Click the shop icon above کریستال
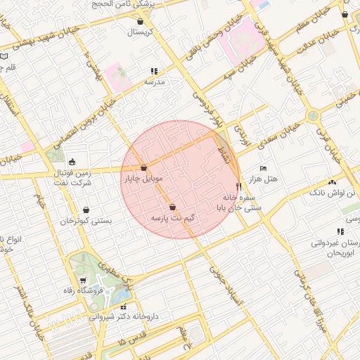(141, 21)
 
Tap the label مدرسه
(154, 82)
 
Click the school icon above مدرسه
(154, 71)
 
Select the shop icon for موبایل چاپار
(144, 168)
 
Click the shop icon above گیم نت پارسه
(173, 207)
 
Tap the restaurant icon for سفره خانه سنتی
(239, 187)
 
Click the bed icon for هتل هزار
(263, 169)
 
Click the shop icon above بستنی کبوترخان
(86, 210)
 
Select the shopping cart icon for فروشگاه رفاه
(83, 280)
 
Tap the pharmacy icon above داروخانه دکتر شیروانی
(124, 307)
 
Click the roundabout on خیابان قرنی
(312, 115)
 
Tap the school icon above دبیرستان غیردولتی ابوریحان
(340, 231)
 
